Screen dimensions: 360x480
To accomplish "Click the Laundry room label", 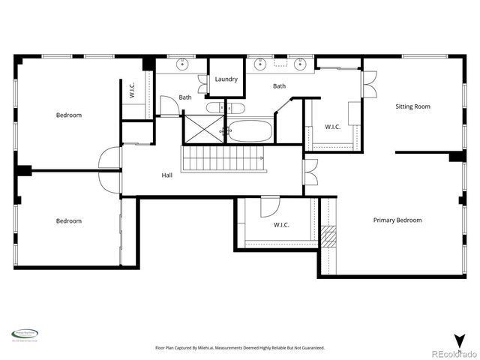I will coord(226,79).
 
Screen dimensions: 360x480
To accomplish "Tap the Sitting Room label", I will coord(412,106).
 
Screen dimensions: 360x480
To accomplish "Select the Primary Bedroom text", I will coord(397,220).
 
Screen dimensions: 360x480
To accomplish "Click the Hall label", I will coord(166,175).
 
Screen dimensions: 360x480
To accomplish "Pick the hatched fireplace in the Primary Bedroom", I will coord(328,236).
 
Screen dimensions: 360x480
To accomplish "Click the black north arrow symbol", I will coord(457,340).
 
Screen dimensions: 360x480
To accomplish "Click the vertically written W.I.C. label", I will coord(132,91).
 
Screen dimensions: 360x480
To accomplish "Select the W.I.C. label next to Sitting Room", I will coord(331,127).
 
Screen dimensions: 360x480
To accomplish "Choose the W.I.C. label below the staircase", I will coord(281,224).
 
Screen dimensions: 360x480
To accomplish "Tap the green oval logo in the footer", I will coord(25,334).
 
